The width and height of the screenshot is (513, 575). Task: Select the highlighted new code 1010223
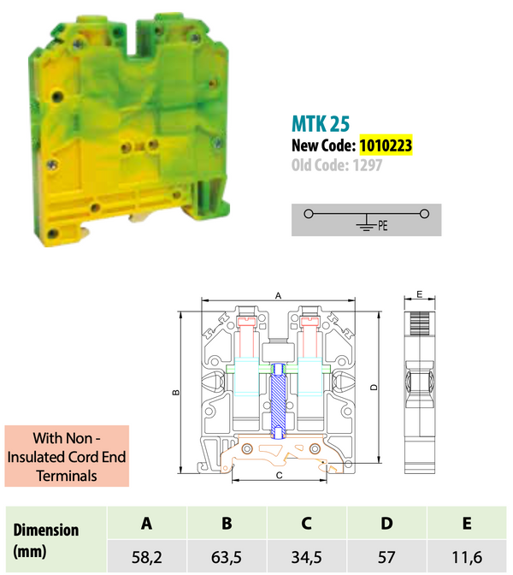point(386,146)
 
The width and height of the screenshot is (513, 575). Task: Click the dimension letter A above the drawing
point(279,294)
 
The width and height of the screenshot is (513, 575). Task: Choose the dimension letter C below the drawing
point(280,473)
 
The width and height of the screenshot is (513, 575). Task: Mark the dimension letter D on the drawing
point(374,388)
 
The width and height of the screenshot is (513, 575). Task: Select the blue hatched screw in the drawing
point(280,397)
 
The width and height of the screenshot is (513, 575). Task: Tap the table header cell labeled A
point(147,523)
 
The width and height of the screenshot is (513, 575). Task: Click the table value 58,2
point(147,558)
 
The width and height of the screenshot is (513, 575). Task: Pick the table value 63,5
point(227,558)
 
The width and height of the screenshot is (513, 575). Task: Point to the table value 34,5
point(307,558)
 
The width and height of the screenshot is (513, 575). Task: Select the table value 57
point(386,558)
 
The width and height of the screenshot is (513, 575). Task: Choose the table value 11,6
point(467,558)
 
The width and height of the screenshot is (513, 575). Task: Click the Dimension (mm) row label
point(46,540)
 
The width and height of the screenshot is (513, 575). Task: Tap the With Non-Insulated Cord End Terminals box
point(66,457)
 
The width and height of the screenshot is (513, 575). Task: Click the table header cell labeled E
point(467,523)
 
